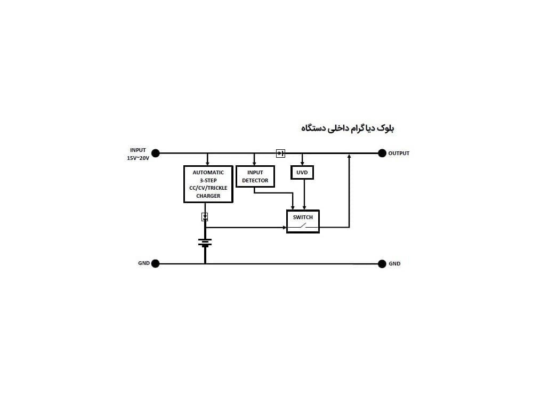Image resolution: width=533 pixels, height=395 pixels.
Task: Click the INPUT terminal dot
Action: tap(155, 154)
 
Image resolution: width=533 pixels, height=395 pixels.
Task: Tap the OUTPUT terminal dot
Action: tap(382, 154)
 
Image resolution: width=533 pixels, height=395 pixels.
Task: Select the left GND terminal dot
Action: tap(155, 263)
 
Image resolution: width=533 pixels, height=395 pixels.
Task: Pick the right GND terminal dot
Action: tap(382, 264)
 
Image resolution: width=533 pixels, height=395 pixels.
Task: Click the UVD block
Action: tap(302, 172)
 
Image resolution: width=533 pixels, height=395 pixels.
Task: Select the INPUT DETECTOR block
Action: tap(255, 176)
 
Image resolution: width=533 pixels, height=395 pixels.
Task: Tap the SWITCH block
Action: tap(303, 221)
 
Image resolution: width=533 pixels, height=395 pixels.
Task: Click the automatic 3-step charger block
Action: tap(208, 184)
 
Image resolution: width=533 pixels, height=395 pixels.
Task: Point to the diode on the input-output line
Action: tap(280, 154)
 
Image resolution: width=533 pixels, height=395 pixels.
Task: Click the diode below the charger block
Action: tap(205, 216)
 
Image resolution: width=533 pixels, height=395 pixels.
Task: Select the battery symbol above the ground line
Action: tap(205, 243)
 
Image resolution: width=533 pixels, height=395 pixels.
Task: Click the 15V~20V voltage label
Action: tap(138, 158)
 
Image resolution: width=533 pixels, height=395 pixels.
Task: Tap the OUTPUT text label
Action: tap(399, 154)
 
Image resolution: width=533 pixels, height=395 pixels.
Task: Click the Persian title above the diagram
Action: tap(348, 128)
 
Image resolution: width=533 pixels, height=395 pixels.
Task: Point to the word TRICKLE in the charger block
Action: tap(217, 188)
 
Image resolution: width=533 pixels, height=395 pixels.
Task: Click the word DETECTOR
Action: tap(255, 181)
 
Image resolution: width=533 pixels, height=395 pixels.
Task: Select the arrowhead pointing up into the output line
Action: tap(349, 156)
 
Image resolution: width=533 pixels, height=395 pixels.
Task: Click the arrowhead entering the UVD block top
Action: tap(302, 164)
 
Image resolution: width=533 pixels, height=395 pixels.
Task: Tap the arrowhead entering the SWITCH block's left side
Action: tap(285, 228)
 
